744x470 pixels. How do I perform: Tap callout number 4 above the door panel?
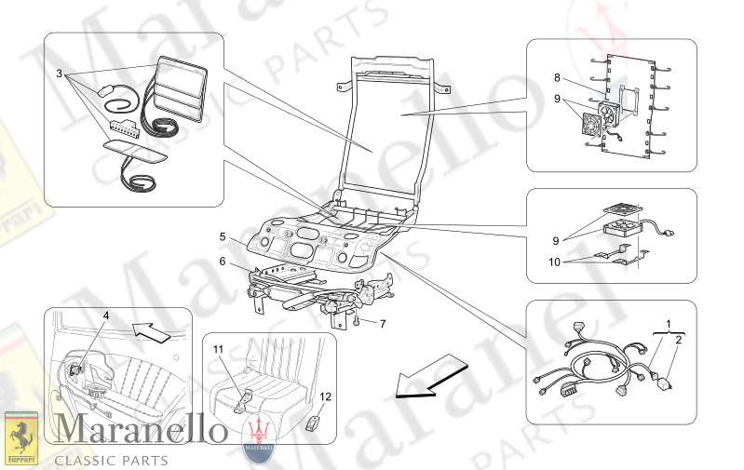click(x=106, y=316)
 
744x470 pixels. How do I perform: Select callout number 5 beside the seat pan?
click(x=223, y=237)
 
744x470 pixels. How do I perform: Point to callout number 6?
click(x=223, y=262)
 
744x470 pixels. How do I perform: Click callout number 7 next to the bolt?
click(x=381, y=324)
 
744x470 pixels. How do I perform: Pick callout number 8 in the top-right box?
click(x=557, y=78)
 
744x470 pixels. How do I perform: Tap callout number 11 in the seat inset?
click(x=218, y=349)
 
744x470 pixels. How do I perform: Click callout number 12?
click(x=326, y=396)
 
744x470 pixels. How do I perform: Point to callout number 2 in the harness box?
click(x=678, y=341)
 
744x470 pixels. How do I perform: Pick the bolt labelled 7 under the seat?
click(x=358, y=322)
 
